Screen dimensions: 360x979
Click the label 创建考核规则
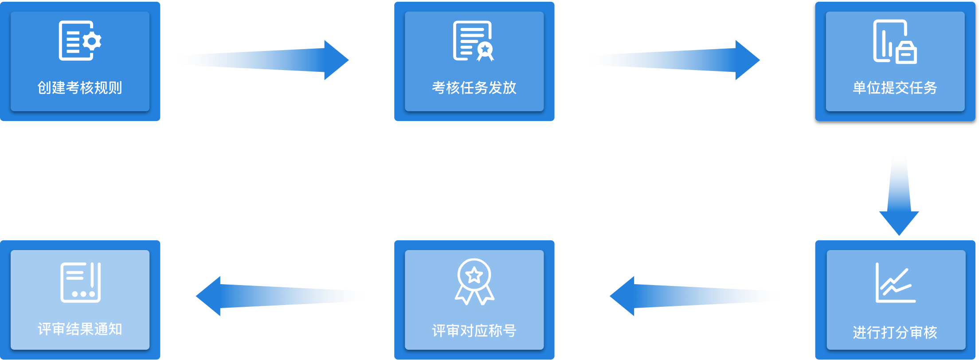[80, 88]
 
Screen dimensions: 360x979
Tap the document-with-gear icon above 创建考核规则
[80, 41]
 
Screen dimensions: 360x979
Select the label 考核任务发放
[474, 88]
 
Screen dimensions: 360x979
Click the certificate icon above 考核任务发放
[473, 41]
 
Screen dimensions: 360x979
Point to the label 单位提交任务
[895, 88]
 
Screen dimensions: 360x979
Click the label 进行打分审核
[895, 332]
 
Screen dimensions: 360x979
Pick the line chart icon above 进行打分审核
[895, 283]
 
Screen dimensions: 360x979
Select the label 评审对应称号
[474, 331]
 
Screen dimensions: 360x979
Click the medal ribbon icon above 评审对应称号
[474, 282]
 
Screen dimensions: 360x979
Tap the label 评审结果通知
[80, 329]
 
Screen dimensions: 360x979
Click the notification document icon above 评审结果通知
[80, 282]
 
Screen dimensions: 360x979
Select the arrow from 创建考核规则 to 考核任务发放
[263, 60]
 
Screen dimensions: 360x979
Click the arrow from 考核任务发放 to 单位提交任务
[674, 60]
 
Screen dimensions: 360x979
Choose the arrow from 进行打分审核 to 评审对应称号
[694, 296]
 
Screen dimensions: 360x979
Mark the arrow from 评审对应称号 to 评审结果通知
[281, 296]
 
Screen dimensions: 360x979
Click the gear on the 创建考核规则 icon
[92, 41]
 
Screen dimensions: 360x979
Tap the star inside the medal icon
[474, 275]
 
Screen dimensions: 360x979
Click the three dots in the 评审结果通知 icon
[83, 294]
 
